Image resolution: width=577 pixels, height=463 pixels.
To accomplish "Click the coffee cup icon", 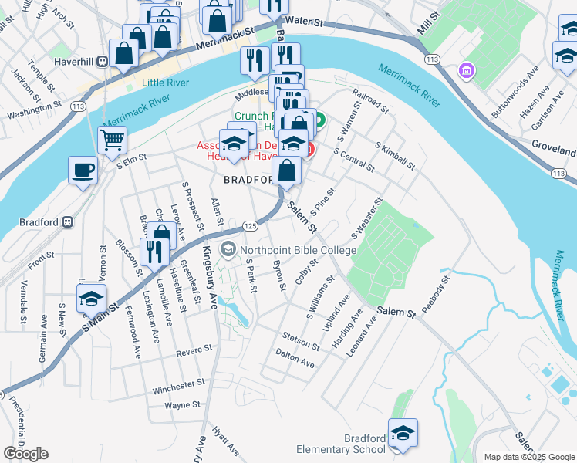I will click(83, 171).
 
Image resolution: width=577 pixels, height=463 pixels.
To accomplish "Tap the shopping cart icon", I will click(112, 140).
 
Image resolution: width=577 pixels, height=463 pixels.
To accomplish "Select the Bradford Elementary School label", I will click(342, 444).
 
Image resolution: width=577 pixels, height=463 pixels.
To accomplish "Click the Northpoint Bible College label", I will click(298, 250).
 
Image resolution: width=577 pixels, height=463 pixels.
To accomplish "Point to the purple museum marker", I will click(465, 72).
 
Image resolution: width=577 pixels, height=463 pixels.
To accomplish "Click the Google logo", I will click(25, 454).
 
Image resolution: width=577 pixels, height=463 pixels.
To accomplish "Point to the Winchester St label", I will click(177, 384).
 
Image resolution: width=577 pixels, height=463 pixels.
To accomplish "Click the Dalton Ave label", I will click(295, 360).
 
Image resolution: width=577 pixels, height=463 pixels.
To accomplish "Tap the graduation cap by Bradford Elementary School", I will click(403, 433).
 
